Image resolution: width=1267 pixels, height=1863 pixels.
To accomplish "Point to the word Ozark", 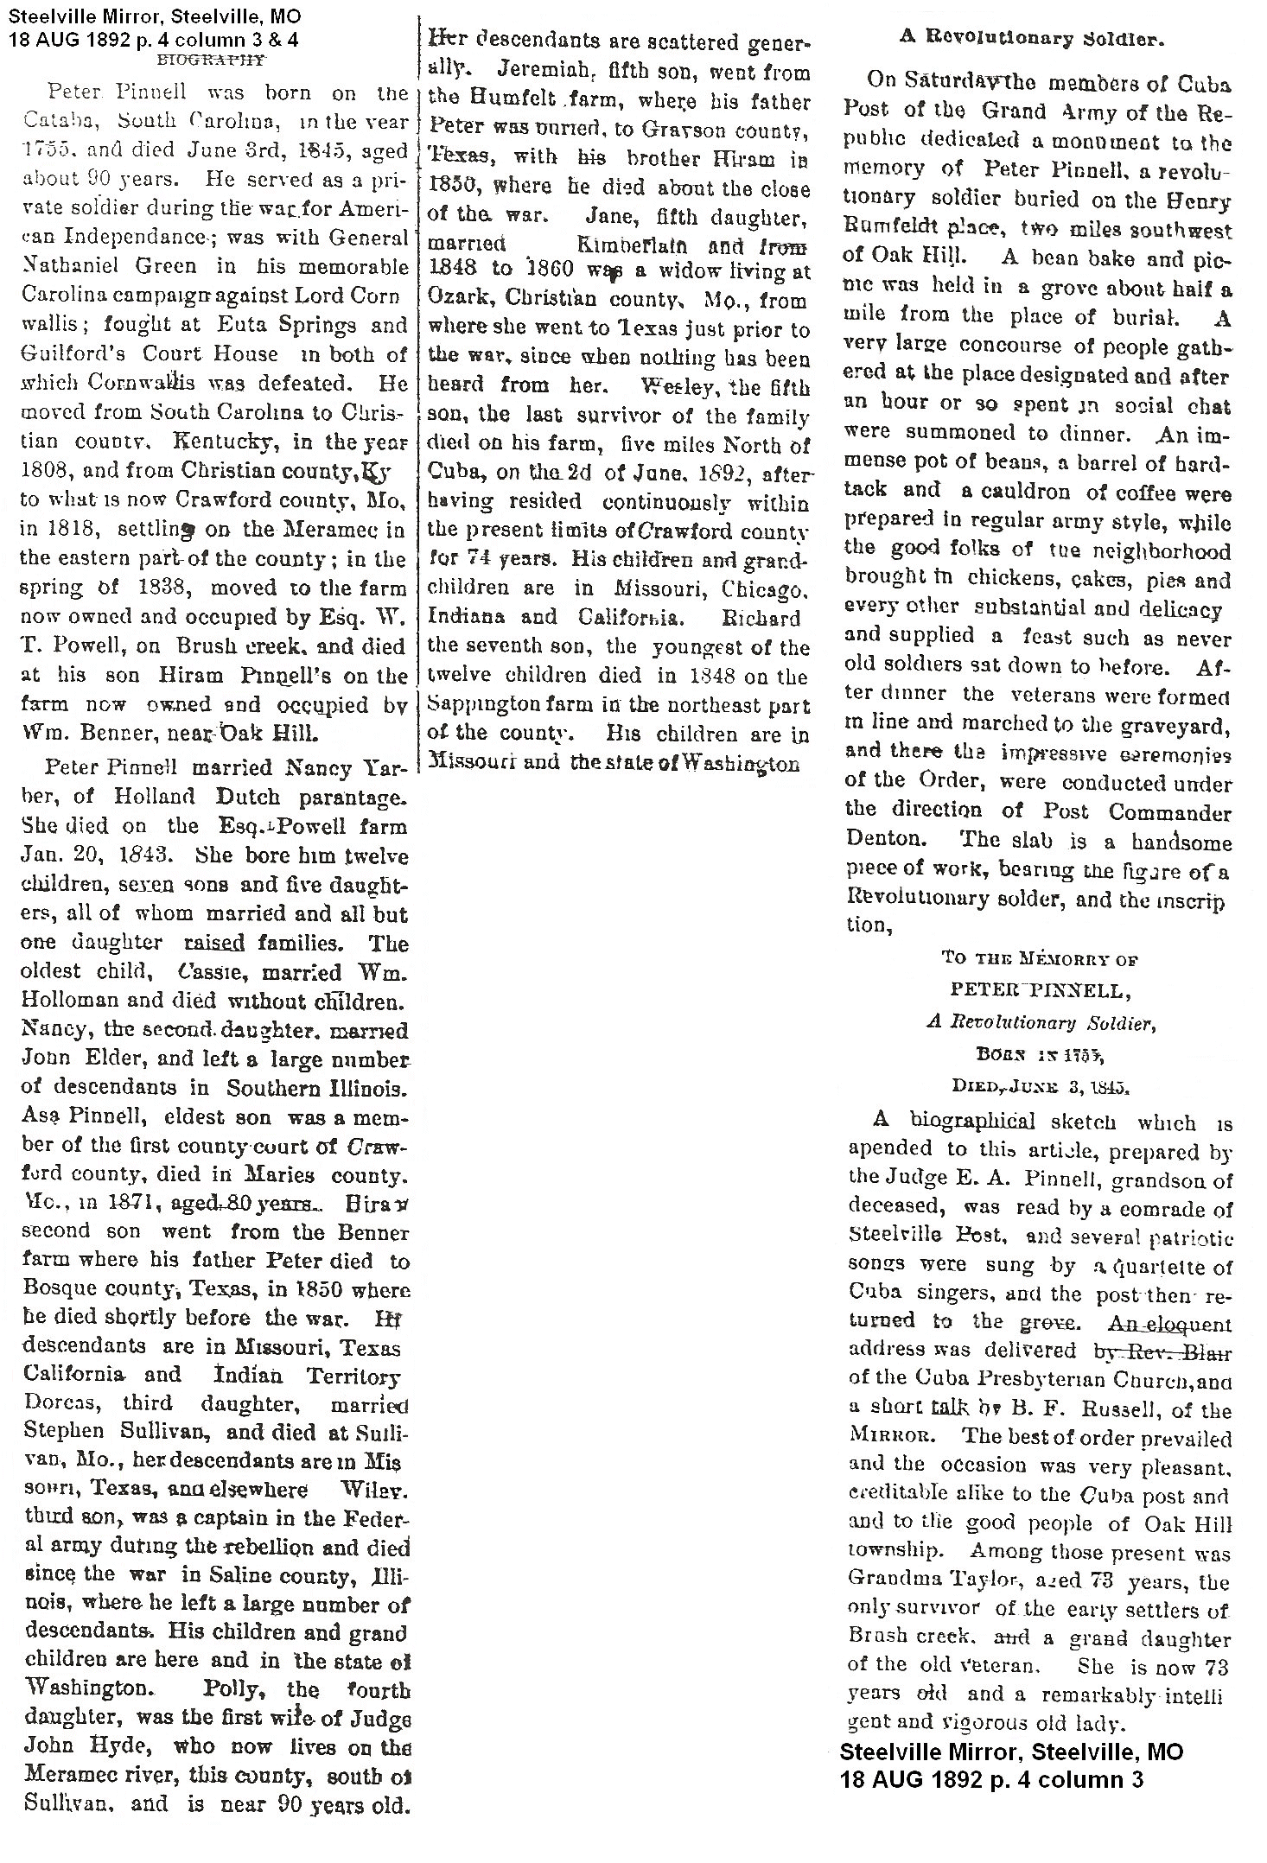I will pos(459,302).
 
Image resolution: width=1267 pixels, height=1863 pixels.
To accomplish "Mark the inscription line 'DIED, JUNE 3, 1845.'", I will pos(1038,1085).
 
